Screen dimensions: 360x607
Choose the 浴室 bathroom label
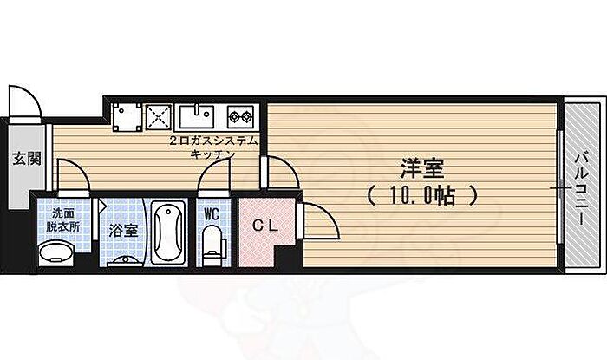(123, 231)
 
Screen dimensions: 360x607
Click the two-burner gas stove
(238, 115)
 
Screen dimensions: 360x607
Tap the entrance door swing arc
(23, 100)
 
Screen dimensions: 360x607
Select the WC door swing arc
(214, 179)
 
